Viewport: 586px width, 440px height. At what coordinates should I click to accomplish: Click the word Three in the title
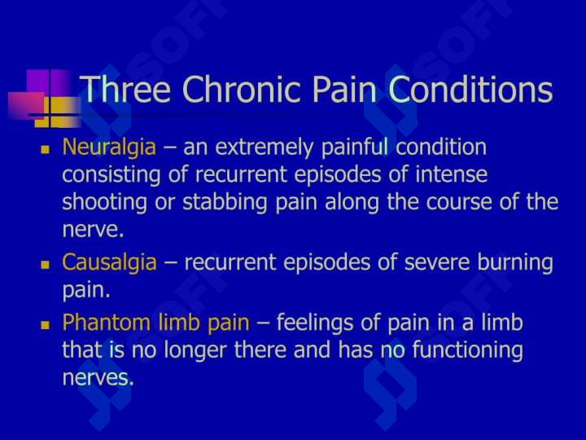click(x=125, y=89)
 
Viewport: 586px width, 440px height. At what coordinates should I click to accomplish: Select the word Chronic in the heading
click(x=242, y=89)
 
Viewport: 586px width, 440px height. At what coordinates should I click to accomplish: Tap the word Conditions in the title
click(x=470, y=89)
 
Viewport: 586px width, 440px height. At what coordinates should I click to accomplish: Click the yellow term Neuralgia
click(x=109, y=147)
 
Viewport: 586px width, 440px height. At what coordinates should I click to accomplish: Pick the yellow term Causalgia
click(x=109, y=262)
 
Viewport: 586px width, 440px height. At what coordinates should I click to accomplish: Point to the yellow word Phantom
click(x=106, y=322)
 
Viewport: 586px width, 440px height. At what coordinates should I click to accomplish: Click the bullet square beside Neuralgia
click(x=46, y=150)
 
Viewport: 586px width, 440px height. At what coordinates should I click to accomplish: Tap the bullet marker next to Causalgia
click(x=46, y=265)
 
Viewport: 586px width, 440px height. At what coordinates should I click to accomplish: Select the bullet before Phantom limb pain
click(x=46, y=325)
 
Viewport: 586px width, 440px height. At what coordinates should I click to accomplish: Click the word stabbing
click(x=225, y=202)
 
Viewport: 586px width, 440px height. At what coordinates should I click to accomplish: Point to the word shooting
click(x=105, y=202)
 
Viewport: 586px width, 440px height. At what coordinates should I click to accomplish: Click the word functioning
click(x=467, y=350)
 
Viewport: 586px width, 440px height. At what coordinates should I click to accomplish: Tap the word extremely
click(x=265, y=147)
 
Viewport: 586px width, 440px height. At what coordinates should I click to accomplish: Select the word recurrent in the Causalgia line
click(x=230, y=262)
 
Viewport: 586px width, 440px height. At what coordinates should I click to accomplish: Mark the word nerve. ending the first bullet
click(x=93, y=229)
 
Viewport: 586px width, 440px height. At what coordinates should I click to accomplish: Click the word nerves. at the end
click(x=98, y=377)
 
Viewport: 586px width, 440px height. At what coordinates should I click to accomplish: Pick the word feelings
click(x=315, y=323)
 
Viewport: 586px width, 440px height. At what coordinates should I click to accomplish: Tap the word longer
click(x=195, y=350)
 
